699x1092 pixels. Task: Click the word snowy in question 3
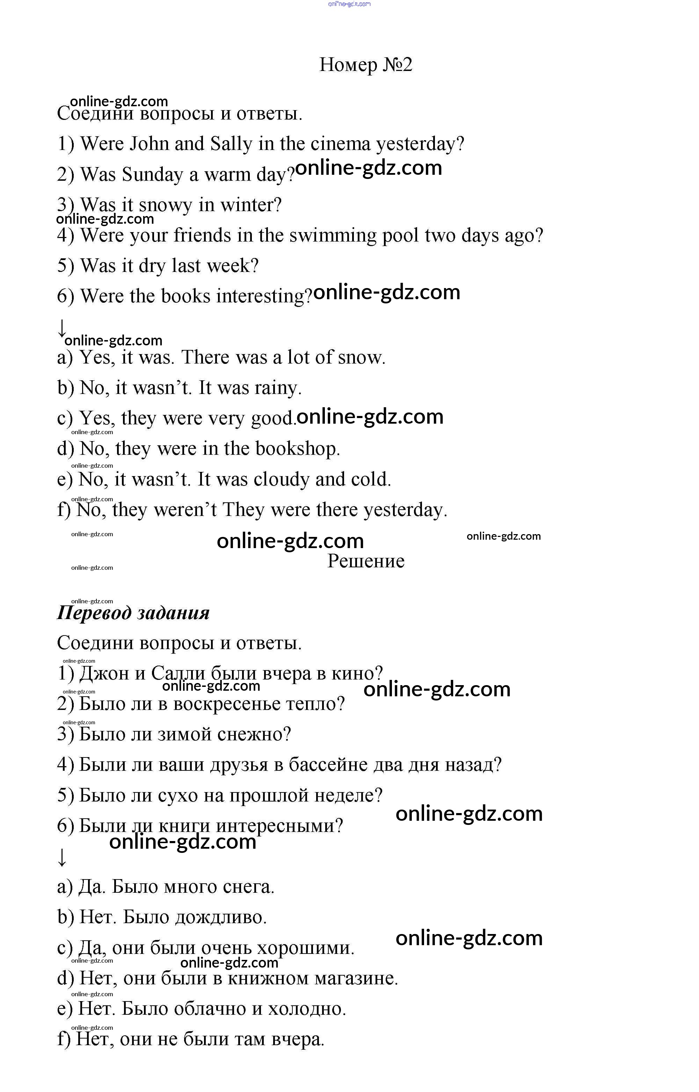tap(165, 205)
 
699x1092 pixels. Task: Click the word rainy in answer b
tap(277, 388)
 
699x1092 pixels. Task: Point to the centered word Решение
tap(366, 561)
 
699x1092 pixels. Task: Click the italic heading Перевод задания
tap(133, 613)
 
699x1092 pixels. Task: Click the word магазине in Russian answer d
tap(356, 978)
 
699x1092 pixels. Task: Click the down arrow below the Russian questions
tap(62, 857)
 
